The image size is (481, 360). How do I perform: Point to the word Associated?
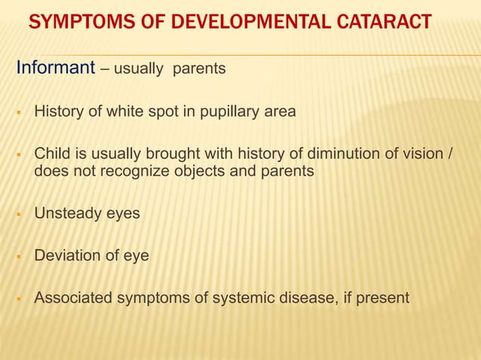pos(72,299)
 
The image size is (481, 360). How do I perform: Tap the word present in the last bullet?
pos(383,299)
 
